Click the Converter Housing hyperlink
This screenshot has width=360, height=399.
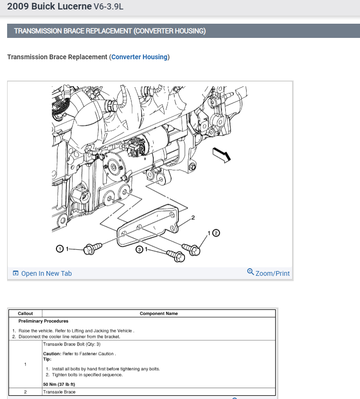tap(139, 57)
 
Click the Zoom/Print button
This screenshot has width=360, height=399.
tap(268, 273)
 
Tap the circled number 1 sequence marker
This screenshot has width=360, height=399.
tap(60, 249)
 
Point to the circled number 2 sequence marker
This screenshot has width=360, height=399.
tap(216, 233)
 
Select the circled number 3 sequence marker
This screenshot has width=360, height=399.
tap(139, 249)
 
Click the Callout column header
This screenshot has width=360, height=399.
tap(25, 314)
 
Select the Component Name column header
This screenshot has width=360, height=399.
tap(158, 314)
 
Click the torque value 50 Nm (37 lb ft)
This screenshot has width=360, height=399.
tap(59, 384)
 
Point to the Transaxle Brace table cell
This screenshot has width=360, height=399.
tap(59, 392)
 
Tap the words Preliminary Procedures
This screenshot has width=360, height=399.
tap(43, 321)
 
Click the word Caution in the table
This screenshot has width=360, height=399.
tap(51, 354)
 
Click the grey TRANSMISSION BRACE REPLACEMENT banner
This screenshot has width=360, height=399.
tap(183, 31)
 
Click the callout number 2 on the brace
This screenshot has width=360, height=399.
tap(193, 218)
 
